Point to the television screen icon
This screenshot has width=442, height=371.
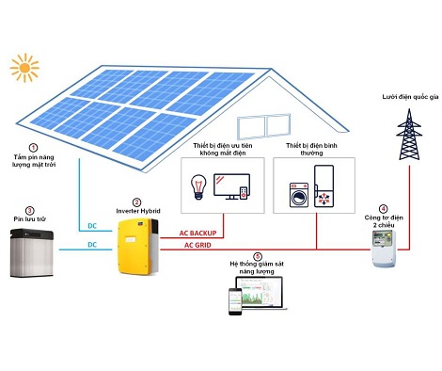tap(229, 185)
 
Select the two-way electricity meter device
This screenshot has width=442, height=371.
tap(383, 249)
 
